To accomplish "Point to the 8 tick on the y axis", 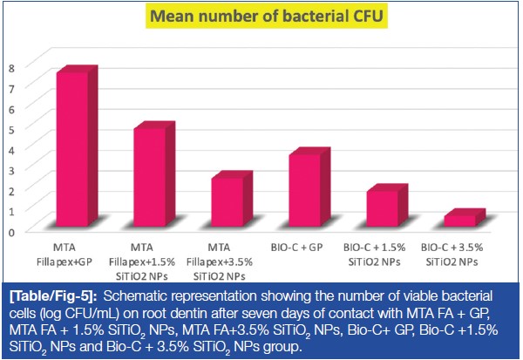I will pyautogui.click(x=12, y=67).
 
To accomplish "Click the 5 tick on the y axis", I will pyautogui.click(x=12, y=128).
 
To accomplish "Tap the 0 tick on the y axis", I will pyautogui.click(x=12, y=231).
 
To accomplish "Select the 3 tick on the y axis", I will pyautogui.click(x=12, y=169).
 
